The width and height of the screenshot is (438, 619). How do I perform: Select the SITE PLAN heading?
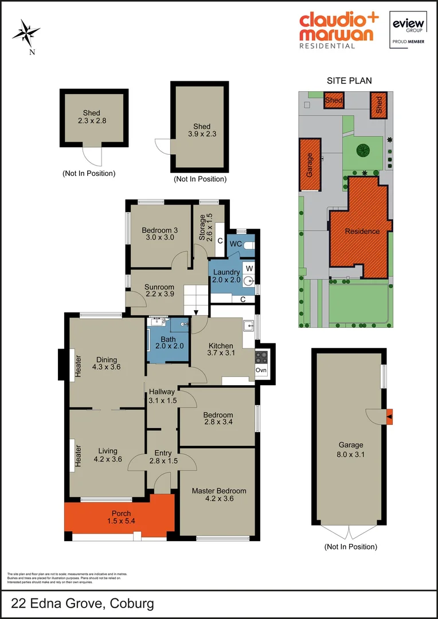pyautogui.click(x=349, y=81)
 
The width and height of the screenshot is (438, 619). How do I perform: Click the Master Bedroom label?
pyautogui.click(x=218, y=495)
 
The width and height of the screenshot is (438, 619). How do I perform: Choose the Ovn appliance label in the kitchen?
pyautogui.click(x=261, y=370)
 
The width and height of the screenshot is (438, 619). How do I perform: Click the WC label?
pyautogui.click(x=235, y=244)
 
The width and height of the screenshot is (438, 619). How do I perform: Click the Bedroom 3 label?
pyautogui.click(x=159, y=234)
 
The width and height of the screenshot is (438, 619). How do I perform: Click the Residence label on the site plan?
pyautogui.click(x=362, y=232)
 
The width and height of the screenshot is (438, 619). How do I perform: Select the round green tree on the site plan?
pyautogui.click(x=362, y=151)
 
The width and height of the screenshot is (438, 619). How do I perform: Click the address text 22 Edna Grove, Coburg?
pyautogui.click(x=83, y=604)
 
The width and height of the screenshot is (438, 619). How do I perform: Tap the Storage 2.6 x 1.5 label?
pyautogui.click(x=205, y=227)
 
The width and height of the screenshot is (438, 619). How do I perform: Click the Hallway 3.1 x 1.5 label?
pyautogui.click(x=162, y=395)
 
